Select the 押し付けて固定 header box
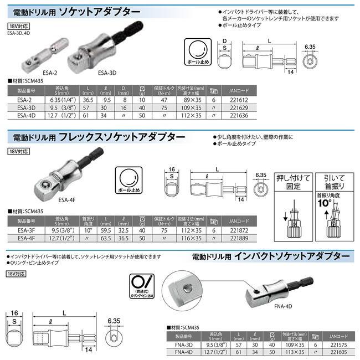292,182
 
